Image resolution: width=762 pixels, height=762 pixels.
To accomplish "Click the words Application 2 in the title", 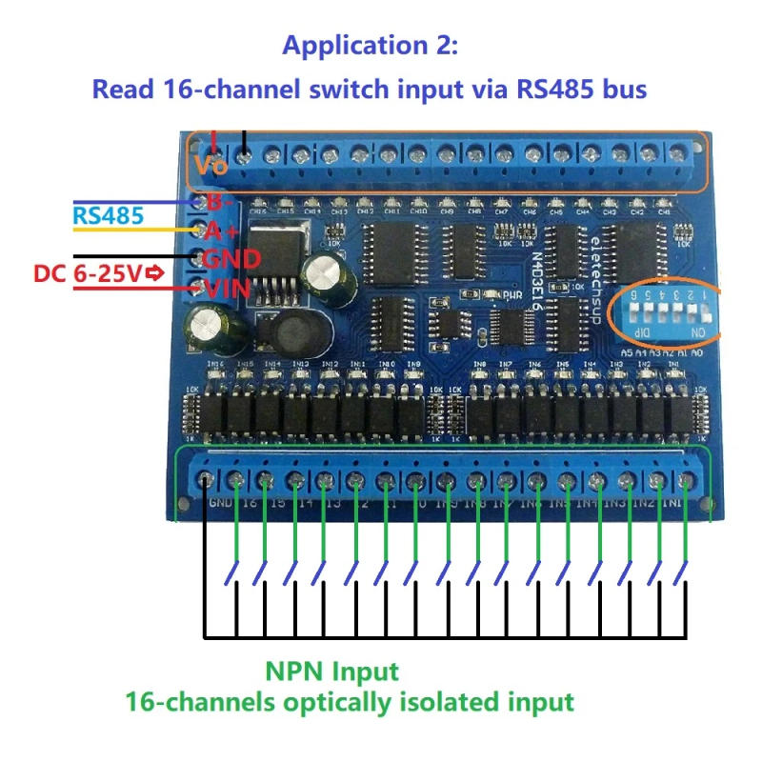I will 371,45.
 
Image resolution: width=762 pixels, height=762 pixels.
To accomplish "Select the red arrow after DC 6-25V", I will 152,275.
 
